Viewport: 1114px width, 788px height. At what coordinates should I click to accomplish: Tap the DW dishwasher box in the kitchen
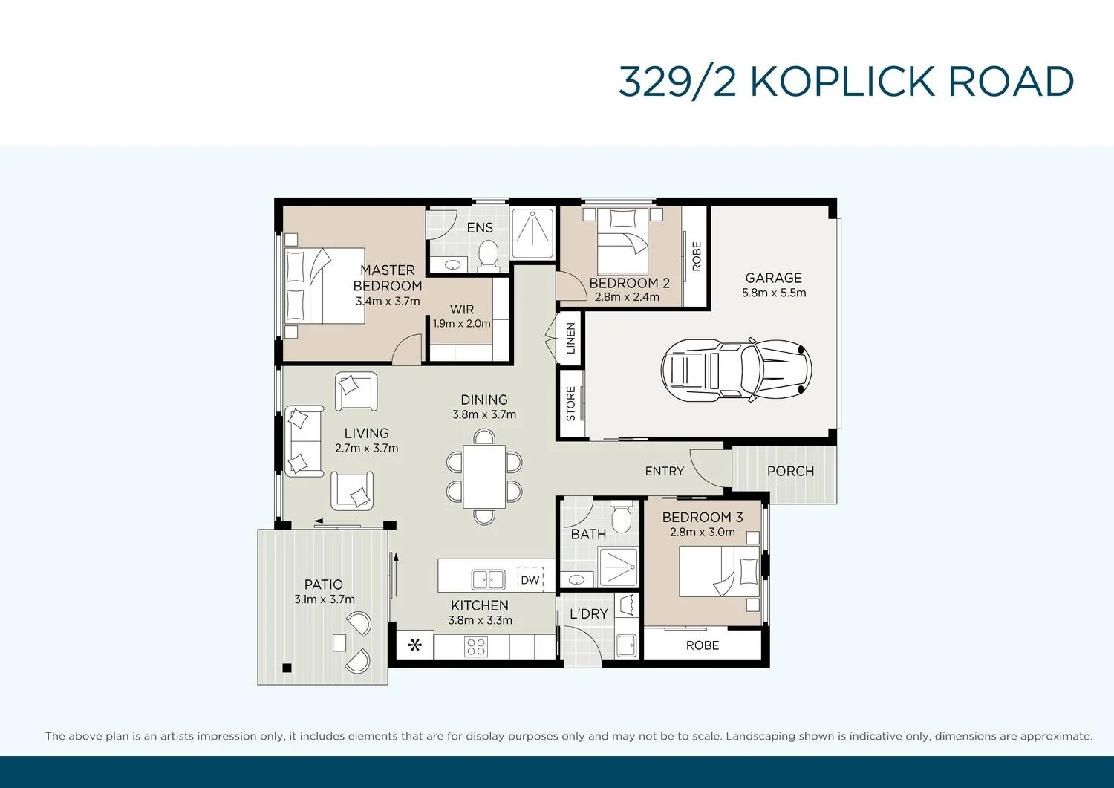tap(530, 579)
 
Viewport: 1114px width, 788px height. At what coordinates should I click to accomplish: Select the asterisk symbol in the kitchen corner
tap(415, 645)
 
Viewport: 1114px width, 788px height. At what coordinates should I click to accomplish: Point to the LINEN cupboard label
tap(570, 339)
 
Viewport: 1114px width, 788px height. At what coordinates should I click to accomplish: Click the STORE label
tap(570, 403)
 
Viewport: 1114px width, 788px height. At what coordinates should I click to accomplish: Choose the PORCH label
tap(790, 471)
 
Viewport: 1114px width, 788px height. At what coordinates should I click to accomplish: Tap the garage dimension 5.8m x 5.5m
tap(773, 293)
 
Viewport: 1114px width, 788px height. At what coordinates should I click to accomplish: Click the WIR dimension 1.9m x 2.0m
tap(462, 324)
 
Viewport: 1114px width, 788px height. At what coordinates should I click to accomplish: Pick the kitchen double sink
tap(488, 579)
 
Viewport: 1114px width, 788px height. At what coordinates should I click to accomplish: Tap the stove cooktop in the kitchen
tap(475, 647)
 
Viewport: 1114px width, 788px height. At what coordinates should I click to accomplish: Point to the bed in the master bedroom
tap(325, 285)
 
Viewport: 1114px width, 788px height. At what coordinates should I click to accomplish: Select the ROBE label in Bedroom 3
tap(702, 645)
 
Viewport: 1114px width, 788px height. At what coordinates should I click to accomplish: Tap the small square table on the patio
tap(339, 642)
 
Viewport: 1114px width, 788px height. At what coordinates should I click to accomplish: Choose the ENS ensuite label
tap(480, 227)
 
